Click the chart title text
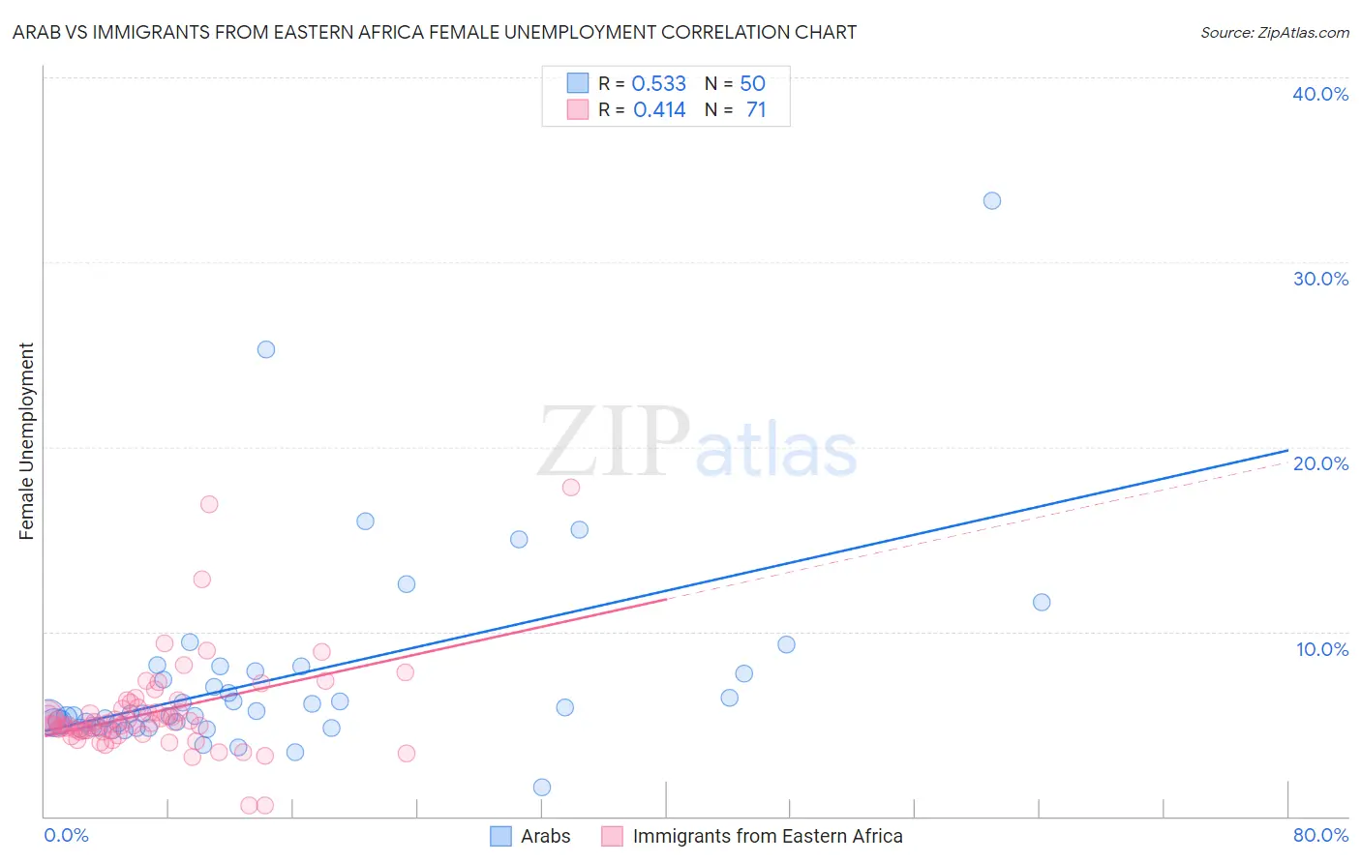434,32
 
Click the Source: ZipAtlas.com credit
1274,32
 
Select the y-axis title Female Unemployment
26,440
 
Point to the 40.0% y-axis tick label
1320,94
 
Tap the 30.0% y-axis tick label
1320,279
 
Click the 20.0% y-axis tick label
1320,463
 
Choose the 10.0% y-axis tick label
1320,649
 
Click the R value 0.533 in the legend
658,84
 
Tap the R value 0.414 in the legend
659,110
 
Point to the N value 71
756,110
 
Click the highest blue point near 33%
992,201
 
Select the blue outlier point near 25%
266,349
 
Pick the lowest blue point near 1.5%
542,788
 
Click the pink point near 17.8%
571,488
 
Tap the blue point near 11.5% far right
1042,602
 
